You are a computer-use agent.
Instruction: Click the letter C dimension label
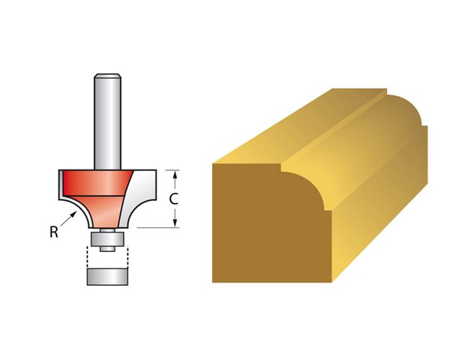pos(174,199)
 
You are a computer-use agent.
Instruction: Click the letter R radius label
pos(54,232)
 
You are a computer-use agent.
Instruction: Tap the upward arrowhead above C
pos(174,175)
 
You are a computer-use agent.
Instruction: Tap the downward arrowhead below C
pos(174,222)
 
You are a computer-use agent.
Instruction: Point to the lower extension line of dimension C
pos(161,227)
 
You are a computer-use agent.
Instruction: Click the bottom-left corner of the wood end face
pos(214,281)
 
